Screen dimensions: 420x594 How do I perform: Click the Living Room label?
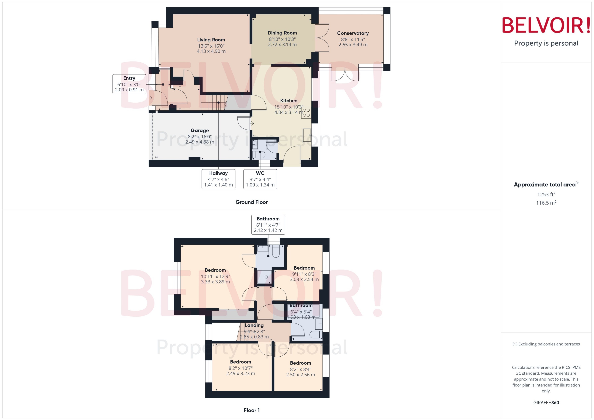[211, 40]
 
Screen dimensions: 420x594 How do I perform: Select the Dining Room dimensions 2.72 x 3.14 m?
[282, 44]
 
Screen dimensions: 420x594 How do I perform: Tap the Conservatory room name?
[353, 33]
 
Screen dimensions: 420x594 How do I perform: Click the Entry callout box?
[129, 84]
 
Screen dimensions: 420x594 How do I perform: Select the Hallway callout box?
[218, 179]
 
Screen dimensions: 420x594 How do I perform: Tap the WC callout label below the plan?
[260, 179]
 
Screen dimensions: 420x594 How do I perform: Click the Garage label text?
[200, 130]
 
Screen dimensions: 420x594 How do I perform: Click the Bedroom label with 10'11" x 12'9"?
[215, 270]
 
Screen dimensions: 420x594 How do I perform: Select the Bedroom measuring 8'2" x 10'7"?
[240, 362]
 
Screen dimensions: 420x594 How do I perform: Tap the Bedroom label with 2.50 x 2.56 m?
[300, 363]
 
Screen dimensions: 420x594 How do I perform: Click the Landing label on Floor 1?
[254, 325]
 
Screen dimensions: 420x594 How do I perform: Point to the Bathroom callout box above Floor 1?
[268, 224]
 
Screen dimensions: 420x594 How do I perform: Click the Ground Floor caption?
[251, 202]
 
